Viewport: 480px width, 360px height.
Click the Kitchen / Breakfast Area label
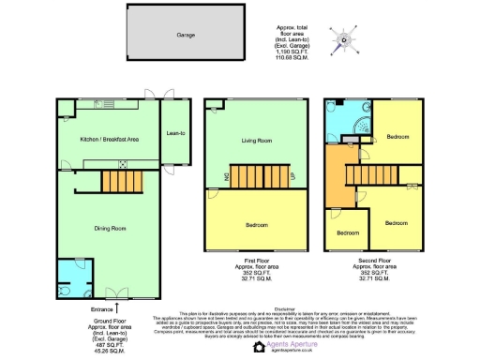tap(108, 139)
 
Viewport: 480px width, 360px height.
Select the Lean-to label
tap(175, 134)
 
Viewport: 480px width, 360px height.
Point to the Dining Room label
tap(109, 228)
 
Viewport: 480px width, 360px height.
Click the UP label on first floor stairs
tap(292, 175)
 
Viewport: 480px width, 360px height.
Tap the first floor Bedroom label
tap(257, 225)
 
